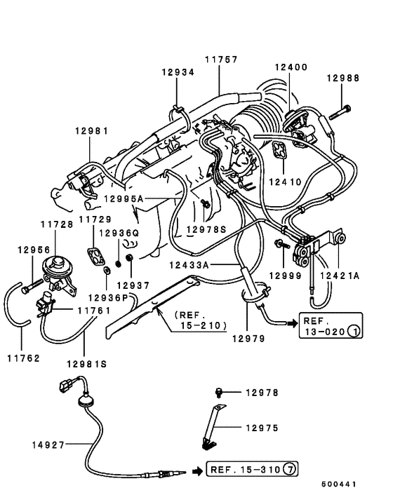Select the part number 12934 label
pyautogui.click(x=178, y=72)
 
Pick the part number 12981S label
pyautogui.click(x=88, y=364)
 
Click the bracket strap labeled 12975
pyautogui.click(x=211, y=424)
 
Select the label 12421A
pyautogui.click(x=338, y=277)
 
